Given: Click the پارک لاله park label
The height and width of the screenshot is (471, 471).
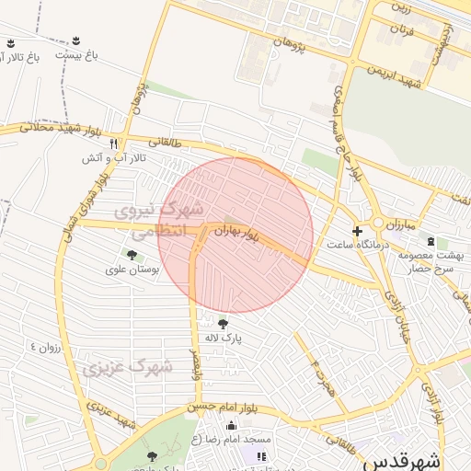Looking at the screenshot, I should (x=223, y=338).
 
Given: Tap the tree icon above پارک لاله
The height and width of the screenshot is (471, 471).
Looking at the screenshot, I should (x=223, y=322).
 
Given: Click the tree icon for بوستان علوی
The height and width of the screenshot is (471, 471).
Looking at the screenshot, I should (x=132, y=255).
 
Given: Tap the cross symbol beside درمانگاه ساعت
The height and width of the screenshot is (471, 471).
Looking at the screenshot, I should (x=358, y=230).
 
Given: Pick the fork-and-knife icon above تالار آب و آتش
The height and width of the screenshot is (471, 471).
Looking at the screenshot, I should (x=113, y=144).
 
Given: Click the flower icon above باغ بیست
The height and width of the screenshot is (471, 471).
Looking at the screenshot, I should (x=76, y=40).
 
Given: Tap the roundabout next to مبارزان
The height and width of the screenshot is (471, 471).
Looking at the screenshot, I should (x=377, y=223).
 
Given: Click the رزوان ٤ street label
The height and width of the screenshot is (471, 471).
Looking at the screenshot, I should (x=45, y=348).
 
